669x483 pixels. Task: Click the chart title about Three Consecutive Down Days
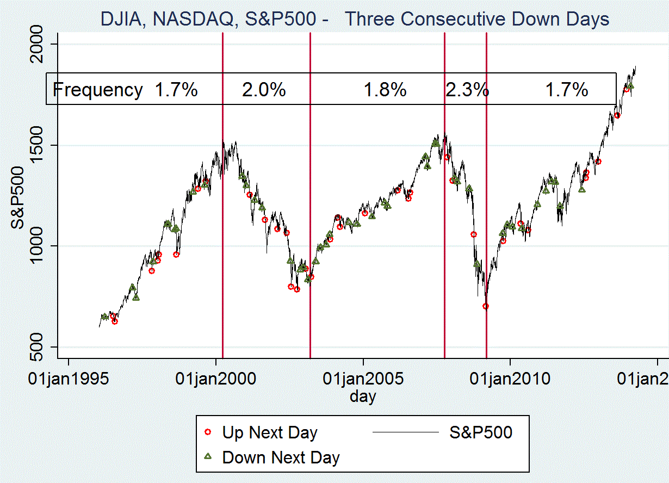tap(355, 20)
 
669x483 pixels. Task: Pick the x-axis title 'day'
tap(363, 397)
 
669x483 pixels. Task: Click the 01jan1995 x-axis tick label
tap(68, 378)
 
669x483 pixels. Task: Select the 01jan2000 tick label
tap(216, 378)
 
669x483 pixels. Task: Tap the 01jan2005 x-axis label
tap(363, 378)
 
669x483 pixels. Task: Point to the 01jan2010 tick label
tap(510, 378)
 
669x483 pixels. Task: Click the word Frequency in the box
tap(98, 90)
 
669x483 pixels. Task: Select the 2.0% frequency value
tap(264, 90)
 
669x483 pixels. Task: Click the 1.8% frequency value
tap(385, 90)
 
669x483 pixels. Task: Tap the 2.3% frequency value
tap(467, 90)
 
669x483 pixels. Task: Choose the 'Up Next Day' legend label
tap(269, 433)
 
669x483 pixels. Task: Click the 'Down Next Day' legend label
tap(281, 457)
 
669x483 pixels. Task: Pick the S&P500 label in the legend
tap(481, 433)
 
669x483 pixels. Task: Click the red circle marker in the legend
tap(207, 432)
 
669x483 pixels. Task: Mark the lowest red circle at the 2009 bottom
tap(486, 306)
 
